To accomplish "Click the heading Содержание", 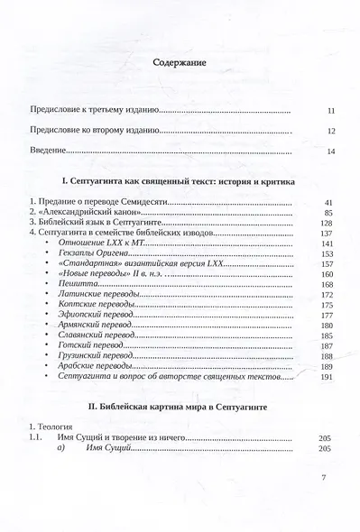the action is (180, 64).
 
